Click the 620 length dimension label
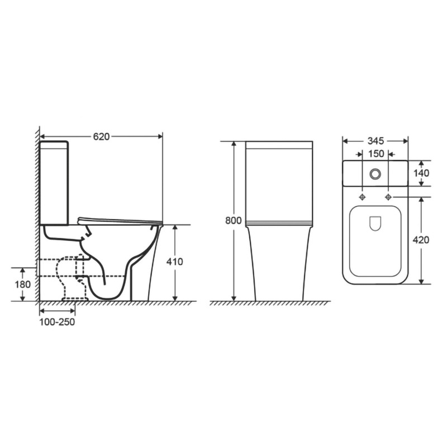pos(102,137)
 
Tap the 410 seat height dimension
pos(174,261)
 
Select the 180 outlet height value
pos(23,284)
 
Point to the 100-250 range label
pos(57,322)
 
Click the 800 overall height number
pos(233,220)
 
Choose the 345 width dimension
pos(375,141)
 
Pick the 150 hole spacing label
pos(376,154)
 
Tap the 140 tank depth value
pos(421,173)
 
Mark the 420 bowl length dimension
pos(421,240)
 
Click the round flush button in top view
pos(375,174)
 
